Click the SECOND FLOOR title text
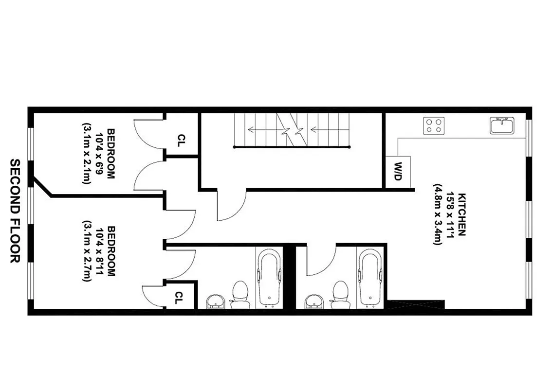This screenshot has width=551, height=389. coord(15,211)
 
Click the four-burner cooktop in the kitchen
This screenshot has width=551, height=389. coord(434,125)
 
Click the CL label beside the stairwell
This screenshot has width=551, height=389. coord(181,141)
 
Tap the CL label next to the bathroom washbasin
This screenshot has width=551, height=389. coord(179,298)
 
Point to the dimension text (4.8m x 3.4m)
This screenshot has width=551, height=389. coord(438,214)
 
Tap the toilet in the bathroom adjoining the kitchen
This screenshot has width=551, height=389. coord(340,294)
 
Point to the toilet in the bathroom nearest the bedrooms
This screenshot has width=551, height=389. coord(239,294)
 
